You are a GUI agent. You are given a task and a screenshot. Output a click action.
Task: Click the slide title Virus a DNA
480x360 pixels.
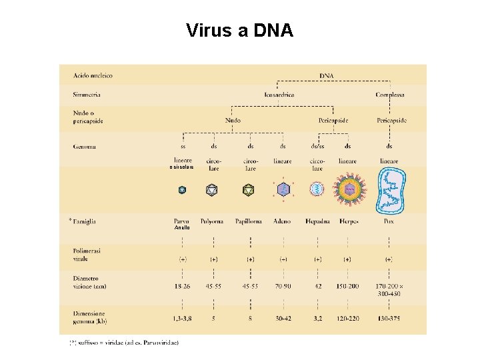239,31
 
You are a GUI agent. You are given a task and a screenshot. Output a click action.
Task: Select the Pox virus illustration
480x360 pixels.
389,190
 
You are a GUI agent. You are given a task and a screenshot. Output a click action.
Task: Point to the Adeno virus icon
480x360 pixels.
283,190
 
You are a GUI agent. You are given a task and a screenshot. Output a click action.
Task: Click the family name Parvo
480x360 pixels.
182,221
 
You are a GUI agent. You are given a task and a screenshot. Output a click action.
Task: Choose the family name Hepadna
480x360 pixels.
318,221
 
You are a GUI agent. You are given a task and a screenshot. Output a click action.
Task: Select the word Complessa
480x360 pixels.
389,95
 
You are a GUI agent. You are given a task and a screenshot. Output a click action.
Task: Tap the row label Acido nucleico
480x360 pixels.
93,75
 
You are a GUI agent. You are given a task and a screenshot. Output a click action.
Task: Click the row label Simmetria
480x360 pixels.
87,95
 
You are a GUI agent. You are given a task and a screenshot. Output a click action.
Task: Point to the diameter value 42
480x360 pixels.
317,286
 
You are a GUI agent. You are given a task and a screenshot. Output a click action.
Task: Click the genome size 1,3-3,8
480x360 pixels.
183,319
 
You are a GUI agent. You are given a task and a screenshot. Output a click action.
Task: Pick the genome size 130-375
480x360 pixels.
389,319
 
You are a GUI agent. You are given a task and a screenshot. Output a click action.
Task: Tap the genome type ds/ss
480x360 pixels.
317,146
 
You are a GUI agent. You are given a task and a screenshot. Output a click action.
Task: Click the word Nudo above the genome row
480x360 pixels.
233,120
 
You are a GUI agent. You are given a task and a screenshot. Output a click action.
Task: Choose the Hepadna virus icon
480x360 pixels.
316,190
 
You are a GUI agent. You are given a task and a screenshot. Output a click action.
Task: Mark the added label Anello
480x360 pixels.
182,229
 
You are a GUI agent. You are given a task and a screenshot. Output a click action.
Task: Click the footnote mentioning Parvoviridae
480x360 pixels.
124,343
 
